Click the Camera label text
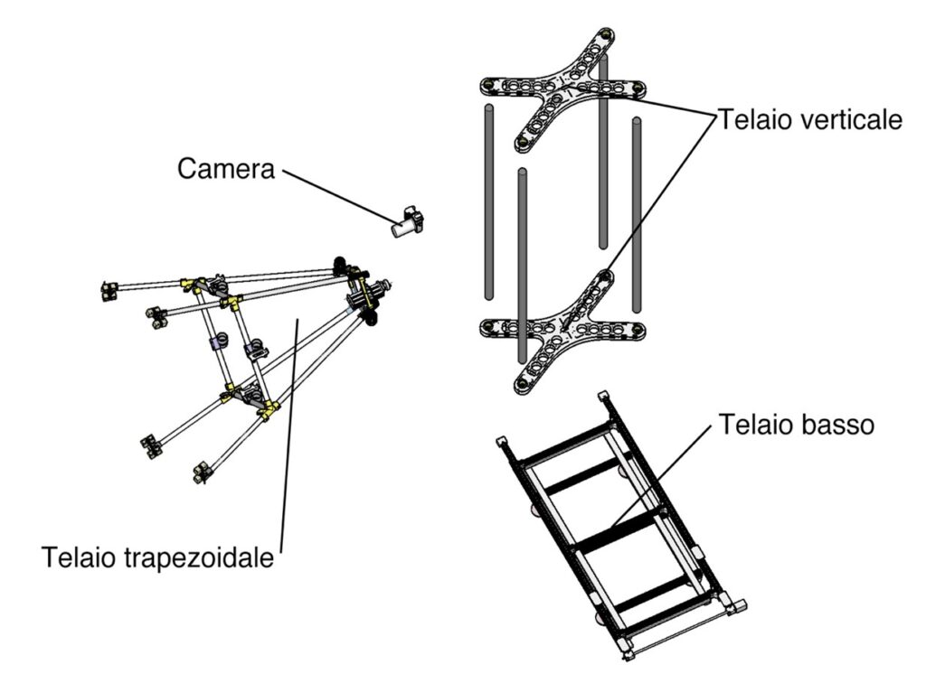point(226,169)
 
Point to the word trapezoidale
point(200,557)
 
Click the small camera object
point(408,222)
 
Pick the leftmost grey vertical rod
point(489,202)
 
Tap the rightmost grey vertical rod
point(636,215)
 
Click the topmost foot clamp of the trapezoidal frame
point(109,291)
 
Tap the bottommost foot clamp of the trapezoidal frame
point(202,473)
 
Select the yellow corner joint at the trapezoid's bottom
point(269,408)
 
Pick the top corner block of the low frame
point(603,396)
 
